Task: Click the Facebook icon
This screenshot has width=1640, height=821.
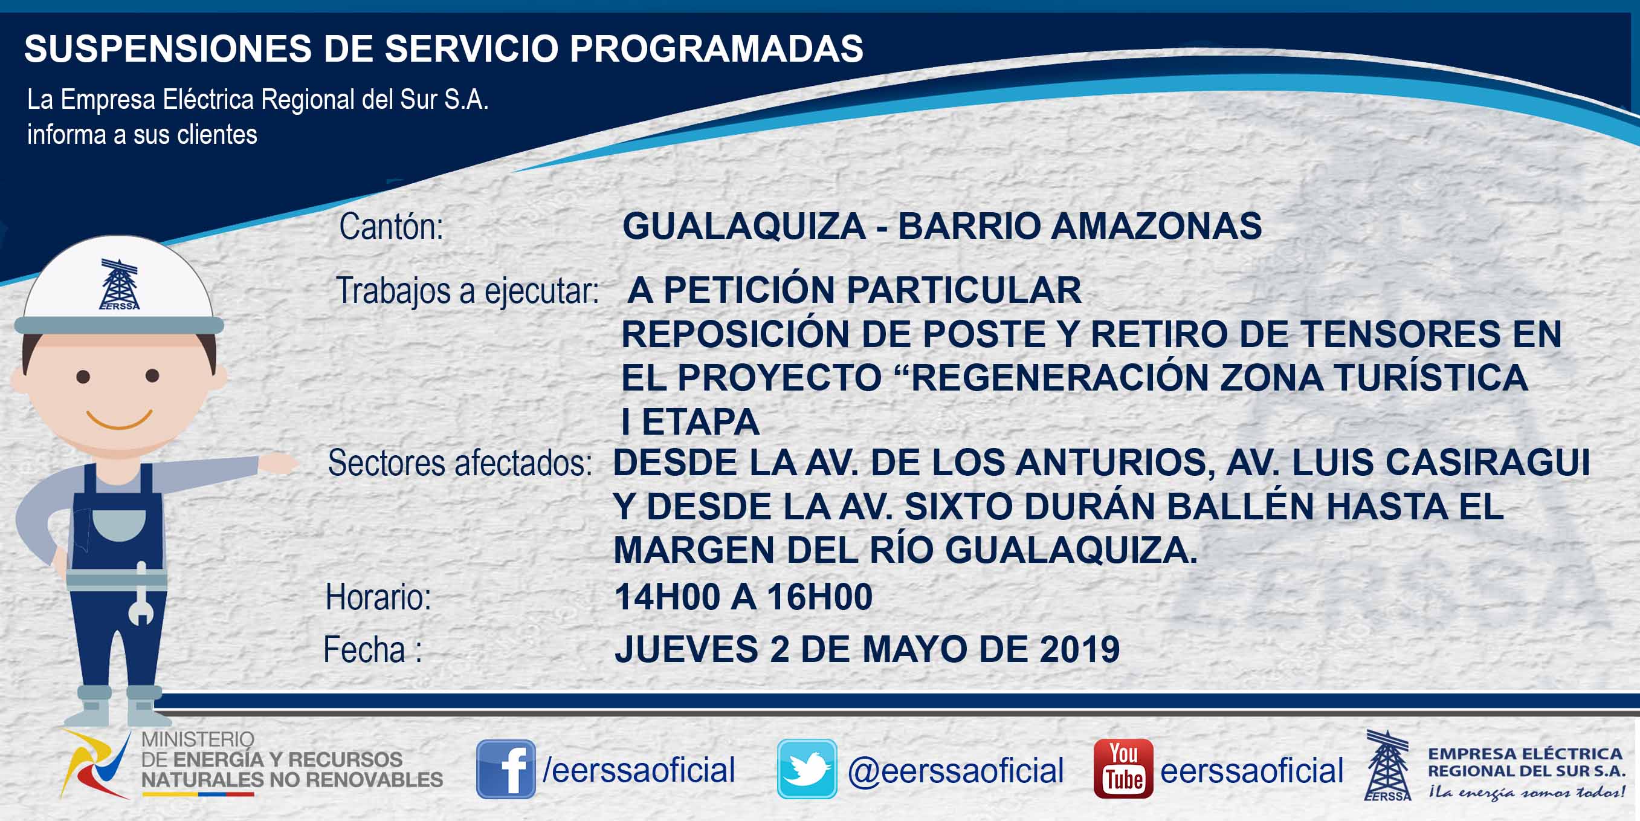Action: click(506, 769)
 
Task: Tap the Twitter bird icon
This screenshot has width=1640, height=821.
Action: click(807, 769)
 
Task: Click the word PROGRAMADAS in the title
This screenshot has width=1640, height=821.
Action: click(716, 48)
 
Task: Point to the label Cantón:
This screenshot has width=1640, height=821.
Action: click(391, 227)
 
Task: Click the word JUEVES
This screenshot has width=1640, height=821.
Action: click(686, 649)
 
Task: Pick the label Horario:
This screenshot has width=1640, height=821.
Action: click(378, 597)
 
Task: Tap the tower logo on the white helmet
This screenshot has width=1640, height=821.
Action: click(120, 284)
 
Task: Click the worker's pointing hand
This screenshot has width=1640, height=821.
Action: click(279, 463)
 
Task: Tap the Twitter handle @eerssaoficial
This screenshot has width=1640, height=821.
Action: click(955, 771)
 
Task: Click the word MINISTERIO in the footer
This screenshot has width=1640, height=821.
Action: click(198, 739)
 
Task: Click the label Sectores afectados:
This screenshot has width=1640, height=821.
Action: click(460, 463)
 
